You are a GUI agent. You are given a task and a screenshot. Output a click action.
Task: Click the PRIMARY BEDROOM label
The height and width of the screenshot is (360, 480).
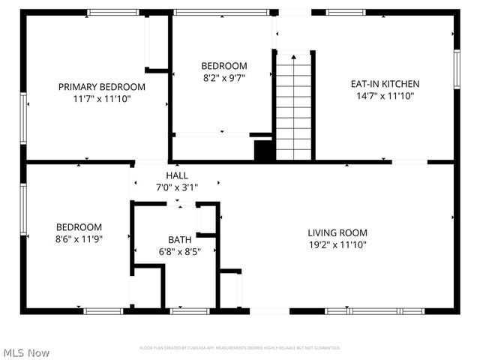[102, 87]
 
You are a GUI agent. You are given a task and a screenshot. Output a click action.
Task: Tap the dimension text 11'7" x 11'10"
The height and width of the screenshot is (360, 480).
[102, 98]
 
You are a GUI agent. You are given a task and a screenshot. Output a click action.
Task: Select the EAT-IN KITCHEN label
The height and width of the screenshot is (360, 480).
[385, 84]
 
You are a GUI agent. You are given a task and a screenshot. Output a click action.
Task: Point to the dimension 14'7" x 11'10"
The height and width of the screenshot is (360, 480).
[385, 95]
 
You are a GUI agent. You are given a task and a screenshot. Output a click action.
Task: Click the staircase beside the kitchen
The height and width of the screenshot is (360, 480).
[293, 105]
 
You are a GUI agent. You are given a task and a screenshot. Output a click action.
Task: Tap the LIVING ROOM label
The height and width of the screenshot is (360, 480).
[337, 233]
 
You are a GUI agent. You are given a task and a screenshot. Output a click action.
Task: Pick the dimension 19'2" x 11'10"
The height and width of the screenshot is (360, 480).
[337, 244]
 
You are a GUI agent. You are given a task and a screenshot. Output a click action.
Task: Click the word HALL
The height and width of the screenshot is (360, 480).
[177, 175]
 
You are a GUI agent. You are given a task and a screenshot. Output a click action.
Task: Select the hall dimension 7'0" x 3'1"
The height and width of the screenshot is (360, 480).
[177, 187]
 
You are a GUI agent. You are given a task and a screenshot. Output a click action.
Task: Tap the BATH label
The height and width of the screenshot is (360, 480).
[179, 240]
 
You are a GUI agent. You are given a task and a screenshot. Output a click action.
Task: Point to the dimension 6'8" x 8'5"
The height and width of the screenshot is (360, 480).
[179, 251]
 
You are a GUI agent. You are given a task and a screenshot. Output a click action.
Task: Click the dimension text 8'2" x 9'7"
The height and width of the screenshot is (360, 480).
[224, 77]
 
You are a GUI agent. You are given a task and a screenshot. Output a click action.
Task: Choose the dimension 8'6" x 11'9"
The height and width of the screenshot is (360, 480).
[79, 239]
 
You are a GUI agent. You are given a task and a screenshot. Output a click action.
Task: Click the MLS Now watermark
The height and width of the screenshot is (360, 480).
[27, 352]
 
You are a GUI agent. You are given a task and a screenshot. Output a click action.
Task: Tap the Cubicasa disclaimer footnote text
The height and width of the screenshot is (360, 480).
[240, 348]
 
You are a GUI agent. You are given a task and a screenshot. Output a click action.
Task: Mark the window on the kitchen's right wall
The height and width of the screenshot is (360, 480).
[457, 69]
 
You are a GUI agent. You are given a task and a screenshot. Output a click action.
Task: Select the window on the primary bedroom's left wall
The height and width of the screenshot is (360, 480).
[23, 118]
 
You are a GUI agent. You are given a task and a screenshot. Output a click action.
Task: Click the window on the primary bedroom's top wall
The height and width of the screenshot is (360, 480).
[112, 13]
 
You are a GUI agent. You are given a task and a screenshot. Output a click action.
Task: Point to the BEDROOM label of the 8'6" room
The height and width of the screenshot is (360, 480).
[79, 227]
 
